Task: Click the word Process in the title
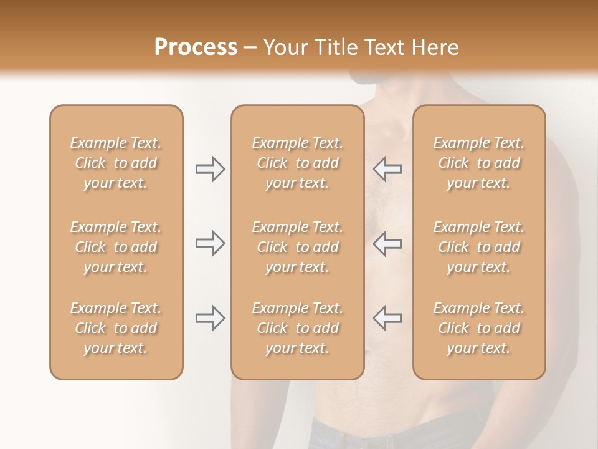point(196,47)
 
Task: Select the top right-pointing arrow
point(211,169)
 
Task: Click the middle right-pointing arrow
point(211,243)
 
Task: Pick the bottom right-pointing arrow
point(211,318)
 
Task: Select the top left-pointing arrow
point(387,169)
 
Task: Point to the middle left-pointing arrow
point(387,243)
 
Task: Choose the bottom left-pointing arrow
point(387,318)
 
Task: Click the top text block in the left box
point(116,163)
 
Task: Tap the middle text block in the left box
point(116,247)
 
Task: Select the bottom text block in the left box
point(116,328)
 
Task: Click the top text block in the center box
point(297,163)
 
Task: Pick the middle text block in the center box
point(297,247)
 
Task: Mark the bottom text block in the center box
point(297,328)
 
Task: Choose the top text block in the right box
point(478,163)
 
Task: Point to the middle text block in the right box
point(478,247)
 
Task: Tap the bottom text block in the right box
point(478,328)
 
